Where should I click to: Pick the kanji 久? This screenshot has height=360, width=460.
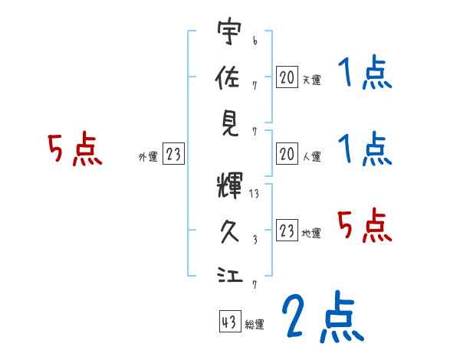[229, 230]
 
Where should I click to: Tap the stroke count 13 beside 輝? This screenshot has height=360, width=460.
[255, 195]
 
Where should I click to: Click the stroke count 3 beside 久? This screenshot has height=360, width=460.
[254, 239]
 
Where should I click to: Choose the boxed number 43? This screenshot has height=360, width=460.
[228, 322]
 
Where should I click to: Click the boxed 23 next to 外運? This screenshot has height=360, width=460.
[173, 155]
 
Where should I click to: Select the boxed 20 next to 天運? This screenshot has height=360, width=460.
[287, 77]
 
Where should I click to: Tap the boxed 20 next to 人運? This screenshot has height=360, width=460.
[287, 155]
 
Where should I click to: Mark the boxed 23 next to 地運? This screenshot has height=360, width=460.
[287, 231]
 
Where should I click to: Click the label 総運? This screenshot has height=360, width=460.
[254, 325]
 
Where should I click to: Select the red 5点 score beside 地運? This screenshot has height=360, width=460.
[366, 225]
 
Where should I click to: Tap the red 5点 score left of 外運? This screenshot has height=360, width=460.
[75, 149]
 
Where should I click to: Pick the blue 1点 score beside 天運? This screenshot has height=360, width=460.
[364, 74]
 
